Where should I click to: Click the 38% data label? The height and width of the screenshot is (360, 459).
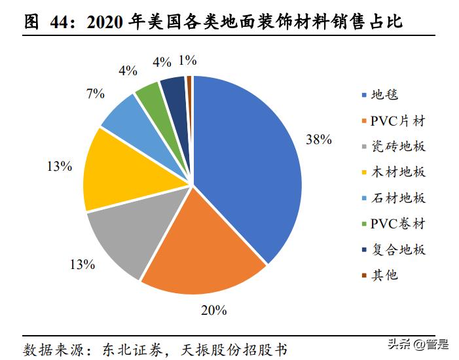coord(319,139)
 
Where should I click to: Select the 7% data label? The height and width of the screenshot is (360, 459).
coord(96,94)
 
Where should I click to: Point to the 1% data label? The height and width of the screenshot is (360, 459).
coord(187,60)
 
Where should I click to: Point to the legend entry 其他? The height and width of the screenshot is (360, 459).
coord(384,275)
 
